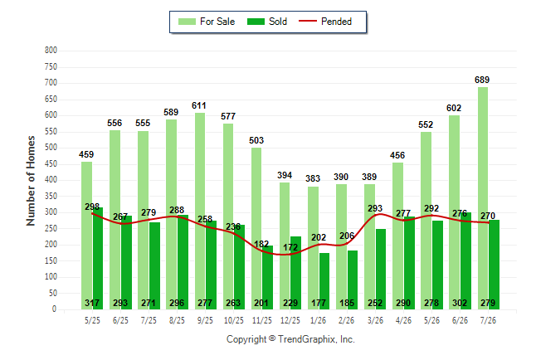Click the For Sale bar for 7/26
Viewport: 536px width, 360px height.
tap(483, 198)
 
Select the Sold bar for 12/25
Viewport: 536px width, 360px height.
tap(295, 273)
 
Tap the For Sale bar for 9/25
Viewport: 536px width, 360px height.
tap(200, 211)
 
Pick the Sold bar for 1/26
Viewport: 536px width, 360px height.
tap(324, 281)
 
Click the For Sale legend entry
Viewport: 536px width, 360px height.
tap(207, 22)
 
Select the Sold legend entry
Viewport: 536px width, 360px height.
tap(267, 22)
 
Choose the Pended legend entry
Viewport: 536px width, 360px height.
tap(325, 22)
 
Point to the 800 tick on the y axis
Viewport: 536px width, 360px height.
tap(51, 51)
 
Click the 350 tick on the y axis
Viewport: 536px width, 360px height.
tap(51, 197)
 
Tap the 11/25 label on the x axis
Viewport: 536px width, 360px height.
tap(262, 320)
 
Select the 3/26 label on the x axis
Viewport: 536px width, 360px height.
tap(375, 320)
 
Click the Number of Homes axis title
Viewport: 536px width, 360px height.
tap(31, 181)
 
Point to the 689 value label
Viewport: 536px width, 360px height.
tap(482, 80)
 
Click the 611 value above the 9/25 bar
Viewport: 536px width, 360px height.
tap(199, 105)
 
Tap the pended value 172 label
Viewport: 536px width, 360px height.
tap(290, 247)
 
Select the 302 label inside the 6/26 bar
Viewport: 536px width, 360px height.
tap(460, 303)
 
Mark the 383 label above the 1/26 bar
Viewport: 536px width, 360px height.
tap(313, 178)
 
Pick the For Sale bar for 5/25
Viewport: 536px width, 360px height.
tap(86, 236)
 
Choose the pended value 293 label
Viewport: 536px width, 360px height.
tap(375, 208)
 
